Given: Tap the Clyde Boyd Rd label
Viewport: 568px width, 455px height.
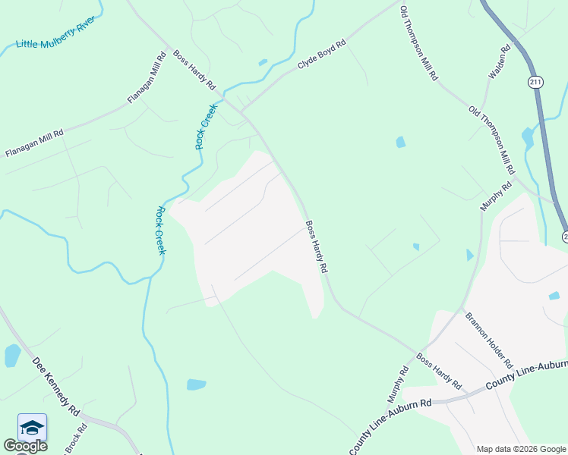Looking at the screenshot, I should (x=321, y=55).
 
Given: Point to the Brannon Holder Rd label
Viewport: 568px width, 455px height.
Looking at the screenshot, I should (x=489, y=340).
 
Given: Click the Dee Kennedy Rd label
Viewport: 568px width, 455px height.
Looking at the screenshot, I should (x=56, y=385).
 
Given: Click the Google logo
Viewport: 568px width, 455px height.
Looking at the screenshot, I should (x=25, y=446).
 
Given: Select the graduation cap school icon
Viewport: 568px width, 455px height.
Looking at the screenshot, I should (x=32, y=427).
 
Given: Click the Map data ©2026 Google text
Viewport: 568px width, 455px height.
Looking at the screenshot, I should (x=522, y=449).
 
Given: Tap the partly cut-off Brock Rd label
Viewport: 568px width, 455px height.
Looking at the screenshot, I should (x=75, y=439).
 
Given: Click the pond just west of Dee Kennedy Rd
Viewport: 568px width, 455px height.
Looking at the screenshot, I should (x=12, y=355).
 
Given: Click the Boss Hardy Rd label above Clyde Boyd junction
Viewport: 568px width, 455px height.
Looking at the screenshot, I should (x=194, y=70).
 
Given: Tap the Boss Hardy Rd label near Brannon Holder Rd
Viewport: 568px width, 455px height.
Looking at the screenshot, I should (x=438, y=372).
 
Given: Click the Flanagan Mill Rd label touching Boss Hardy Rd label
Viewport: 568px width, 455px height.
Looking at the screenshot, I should (x=147, y=77).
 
